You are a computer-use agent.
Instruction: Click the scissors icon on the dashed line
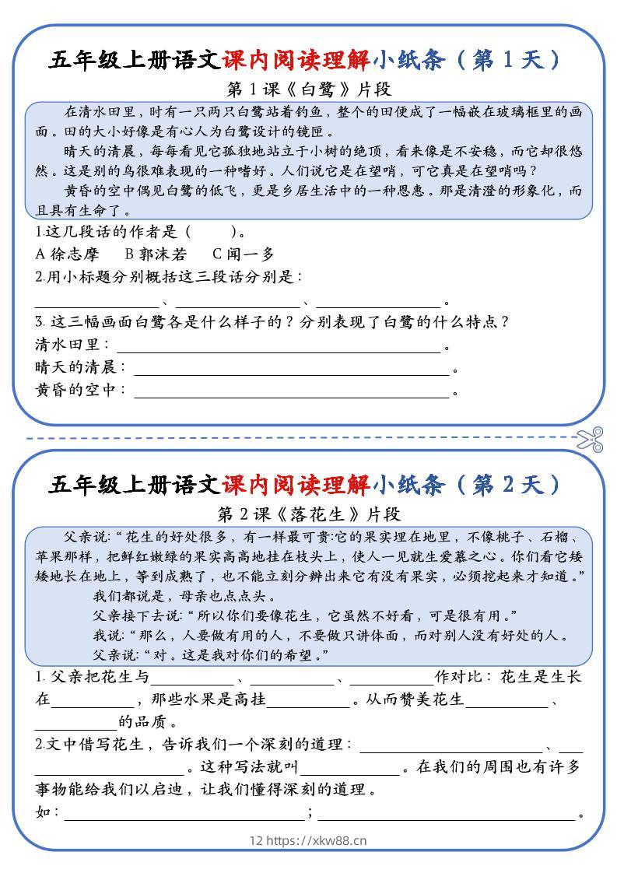tap(591, 439)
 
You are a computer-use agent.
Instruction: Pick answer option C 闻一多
tap(244, 254)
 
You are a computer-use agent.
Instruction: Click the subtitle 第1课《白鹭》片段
tap(309, 88)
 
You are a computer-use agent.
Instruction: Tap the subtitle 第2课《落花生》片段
tap(309, 514)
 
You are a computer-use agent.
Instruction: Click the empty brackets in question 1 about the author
tap(211, 231)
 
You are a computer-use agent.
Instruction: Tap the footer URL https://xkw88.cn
tap(317, 840)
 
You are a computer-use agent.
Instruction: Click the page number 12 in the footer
tap(257, 840)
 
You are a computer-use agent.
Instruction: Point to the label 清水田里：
tap(73, 344)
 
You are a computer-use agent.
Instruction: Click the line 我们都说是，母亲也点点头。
tap(183, 597)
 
